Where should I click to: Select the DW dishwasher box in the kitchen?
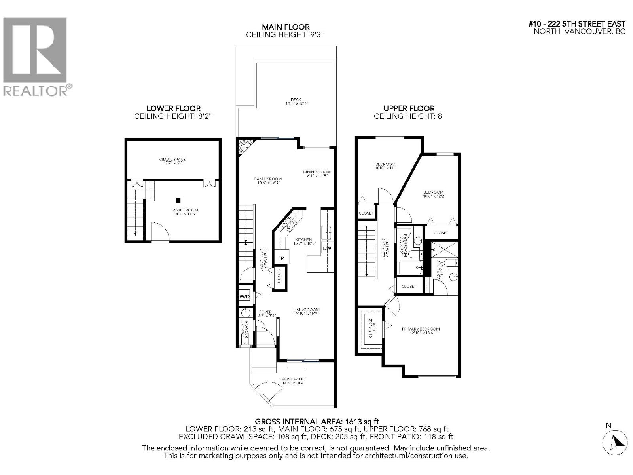tap(327, 249)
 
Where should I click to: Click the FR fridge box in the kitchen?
tap(281, 258)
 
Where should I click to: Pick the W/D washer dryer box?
tap(244, 296)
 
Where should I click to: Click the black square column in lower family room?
tap(179, 200)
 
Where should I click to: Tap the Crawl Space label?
tap(172, 161)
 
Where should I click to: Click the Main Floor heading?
tap(286, 27)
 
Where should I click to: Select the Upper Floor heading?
tap(409, 108)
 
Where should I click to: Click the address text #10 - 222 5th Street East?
tap(577, 24)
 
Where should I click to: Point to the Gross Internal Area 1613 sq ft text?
tap(317, 422)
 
